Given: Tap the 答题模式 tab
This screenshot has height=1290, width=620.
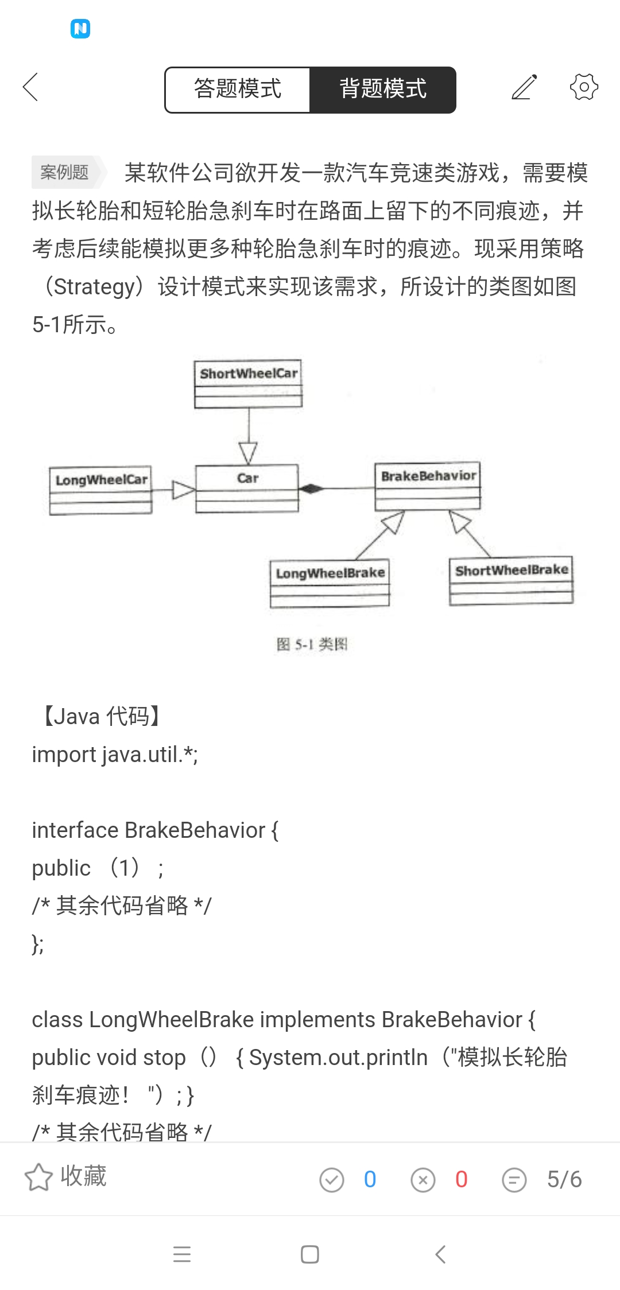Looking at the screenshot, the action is pos(238,90).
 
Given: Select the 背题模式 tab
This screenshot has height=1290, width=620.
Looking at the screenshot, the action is pos(383,90).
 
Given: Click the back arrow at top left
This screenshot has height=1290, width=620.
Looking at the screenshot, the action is pos(30,87).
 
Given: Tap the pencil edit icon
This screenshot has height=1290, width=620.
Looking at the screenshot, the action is pos(524,87).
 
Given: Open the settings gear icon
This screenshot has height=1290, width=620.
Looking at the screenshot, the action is pos(584,87).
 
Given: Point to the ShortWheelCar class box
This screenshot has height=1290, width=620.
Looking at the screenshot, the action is pos(248,384).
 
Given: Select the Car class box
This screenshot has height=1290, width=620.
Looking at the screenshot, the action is pos(247,488).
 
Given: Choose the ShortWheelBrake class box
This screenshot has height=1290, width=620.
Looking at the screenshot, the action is pos(511,580).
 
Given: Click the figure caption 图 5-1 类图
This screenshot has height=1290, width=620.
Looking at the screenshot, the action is pos(312,644).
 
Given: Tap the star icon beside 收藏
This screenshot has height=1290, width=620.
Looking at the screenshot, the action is pos(38,1177).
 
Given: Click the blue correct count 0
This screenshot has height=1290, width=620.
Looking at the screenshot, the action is pos(370,1179).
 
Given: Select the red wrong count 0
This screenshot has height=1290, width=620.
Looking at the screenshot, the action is pos(461,1179).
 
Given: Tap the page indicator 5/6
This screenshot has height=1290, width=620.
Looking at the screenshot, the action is pos(564,1179).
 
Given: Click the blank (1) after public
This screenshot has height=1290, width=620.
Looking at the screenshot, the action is pos(125,868).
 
